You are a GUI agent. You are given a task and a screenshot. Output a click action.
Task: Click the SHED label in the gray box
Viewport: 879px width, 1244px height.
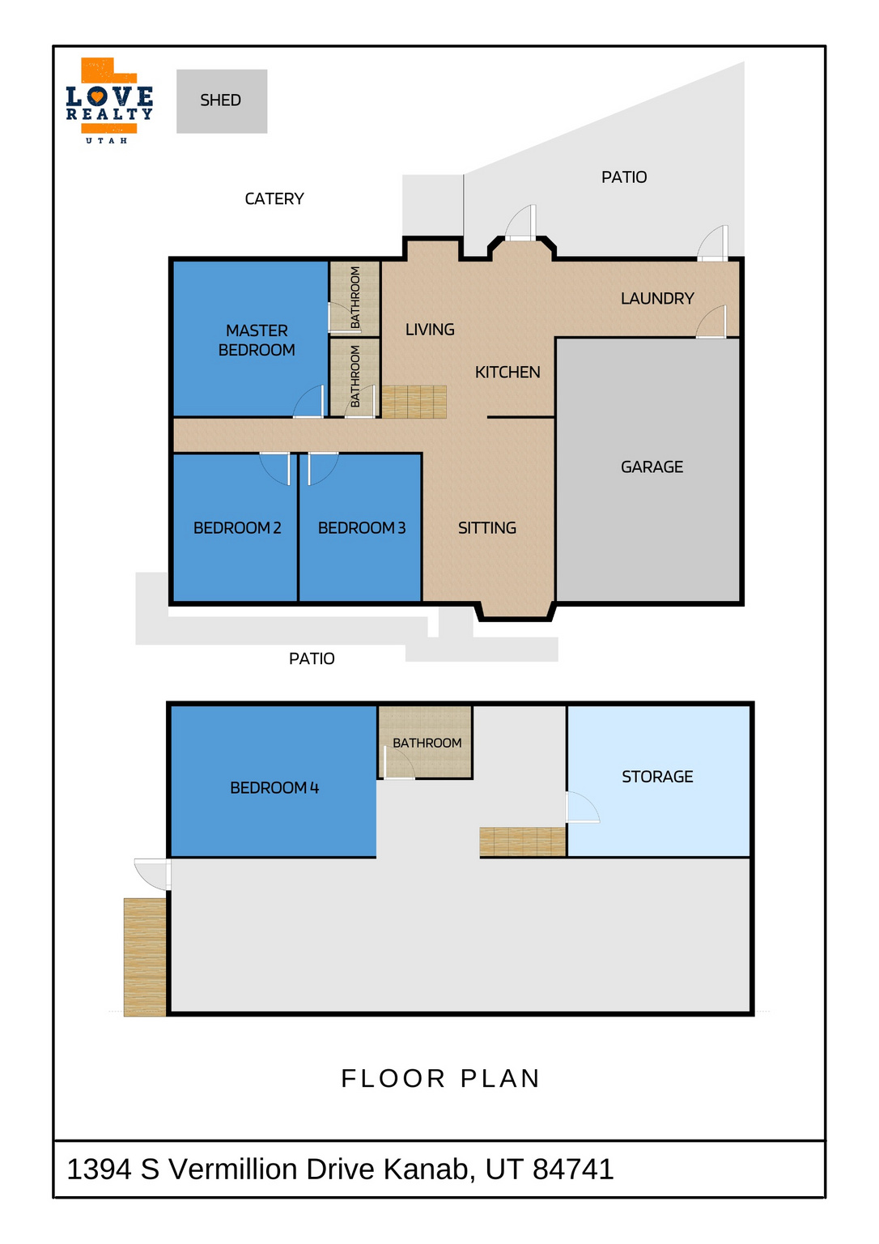pos(220,100)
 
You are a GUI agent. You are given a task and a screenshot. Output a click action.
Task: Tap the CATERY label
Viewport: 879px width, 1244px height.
pos(274,198)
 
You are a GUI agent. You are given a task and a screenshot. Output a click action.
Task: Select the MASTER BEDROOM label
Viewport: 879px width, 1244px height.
pos(257,340)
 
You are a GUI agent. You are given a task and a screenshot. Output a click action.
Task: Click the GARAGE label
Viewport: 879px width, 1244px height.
pos(652,466)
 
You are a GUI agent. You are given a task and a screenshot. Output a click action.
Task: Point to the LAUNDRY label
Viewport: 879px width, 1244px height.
pos(657,298)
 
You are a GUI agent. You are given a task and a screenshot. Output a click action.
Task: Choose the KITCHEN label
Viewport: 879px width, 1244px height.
pos(507,372)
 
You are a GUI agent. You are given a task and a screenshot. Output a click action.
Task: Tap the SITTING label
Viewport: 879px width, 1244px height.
pos(486,527)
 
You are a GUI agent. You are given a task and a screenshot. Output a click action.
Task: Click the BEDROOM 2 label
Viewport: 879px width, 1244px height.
pos(237,527)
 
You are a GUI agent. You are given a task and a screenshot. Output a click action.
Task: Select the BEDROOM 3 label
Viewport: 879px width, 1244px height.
pos(361,527)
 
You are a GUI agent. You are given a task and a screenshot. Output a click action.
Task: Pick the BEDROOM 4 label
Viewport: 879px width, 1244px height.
pos(274,787)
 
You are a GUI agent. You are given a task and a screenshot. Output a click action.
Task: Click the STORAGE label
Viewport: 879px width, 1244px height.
pos(657,777)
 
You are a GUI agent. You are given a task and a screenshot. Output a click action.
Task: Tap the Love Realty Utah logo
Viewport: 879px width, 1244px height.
pos(109,100)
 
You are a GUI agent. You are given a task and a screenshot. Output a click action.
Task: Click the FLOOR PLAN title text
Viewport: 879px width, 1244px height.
pos(440,1079)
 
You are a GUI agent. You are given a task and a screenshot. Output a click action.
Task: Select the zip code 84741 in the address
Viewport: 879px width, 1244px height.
pos(573,1169)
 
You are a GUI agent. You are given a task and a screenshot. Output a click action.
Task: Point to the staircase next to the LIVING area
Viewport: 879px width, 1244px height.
pos(414,402)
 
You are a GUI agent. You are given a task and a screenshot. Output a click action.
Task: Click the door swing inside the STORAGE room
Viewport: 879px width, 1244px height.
pos(583,807)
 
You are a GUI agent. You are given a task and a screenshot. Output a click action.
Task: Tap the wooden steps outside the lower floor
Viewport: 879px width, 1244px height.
pos(145,956)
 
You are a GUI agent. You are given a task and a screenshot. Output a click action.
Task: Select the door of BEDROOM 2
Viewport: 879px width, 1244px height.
pos(275,469)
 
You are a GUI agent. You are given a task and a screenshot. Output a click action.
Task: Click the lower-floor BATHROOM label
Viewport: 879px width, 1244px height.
pos(427,743)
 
